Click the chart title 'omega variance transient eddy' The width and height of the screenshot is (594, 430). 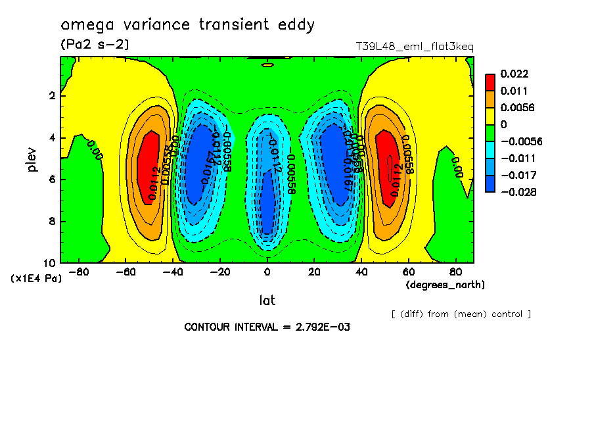point(187,25)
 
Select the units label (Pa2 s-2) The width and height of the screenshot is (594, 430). point(95,45)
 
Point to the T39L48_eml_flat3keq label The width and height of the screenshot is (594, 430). point(414,47)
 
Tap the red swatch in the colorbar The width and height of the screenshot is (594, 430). point(490,82)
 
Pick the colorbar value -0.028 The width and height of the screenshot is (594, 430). point(516,192)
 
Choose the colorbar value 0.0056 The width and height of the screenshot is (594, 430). point(516,107)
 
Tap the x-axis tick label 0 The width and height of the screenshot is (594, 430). point(267,272)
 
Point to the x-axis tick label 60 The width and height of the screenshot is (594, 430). point(408,272)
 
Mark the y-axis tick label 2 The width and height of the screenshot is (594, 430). point(53,96)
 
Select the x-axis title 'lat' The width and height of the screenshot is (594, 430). point(267,300)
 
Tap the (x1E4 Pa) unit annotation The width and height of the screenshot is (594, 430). point(36,278)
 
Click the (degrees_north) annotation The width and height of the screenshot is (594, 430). point(445,285)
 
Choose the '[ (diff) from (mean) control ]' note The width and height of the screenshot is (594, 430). point(461,314)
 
